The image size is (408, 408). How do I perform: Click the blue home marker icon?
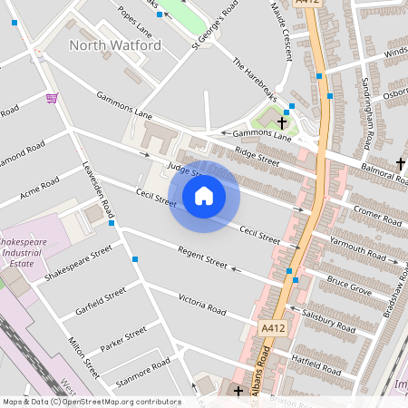[x=204, y=196]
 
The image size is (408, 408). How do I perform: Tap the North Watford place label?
[x=115, y=44]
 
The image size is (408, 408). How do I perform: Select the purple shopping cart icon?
[x=52, y=98]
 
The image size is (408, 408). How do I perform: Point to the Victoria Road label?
[x=201, y=304]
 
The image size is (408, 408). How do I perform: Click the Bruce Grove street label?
[x=349, y=287]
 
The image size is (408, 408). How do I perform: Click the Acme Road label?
[x=37, y=192]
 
